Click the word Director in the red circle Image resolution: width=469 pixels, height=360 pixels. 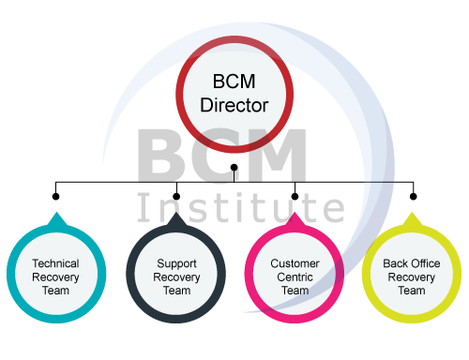234,103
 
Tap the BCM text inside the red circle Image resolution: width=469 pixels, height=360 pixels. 234,82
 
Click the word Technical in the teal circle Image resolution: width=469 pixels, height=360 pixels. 55,263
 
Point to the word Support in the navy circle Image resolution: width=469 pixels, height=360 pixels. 175,263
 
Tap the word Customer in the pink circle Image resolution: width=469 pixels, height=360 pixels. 295,263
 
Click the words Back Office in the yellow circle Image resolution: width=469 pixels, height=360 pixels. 411,263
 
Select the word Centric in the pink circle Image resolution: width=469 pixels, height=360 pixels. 295,277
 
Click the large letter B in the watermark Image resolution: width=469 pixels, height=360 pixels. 164,157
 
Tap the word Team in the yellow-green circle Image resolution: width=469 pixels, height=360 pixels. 411,291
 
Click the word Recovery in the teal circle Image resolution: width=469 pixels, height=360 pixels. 55,277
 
